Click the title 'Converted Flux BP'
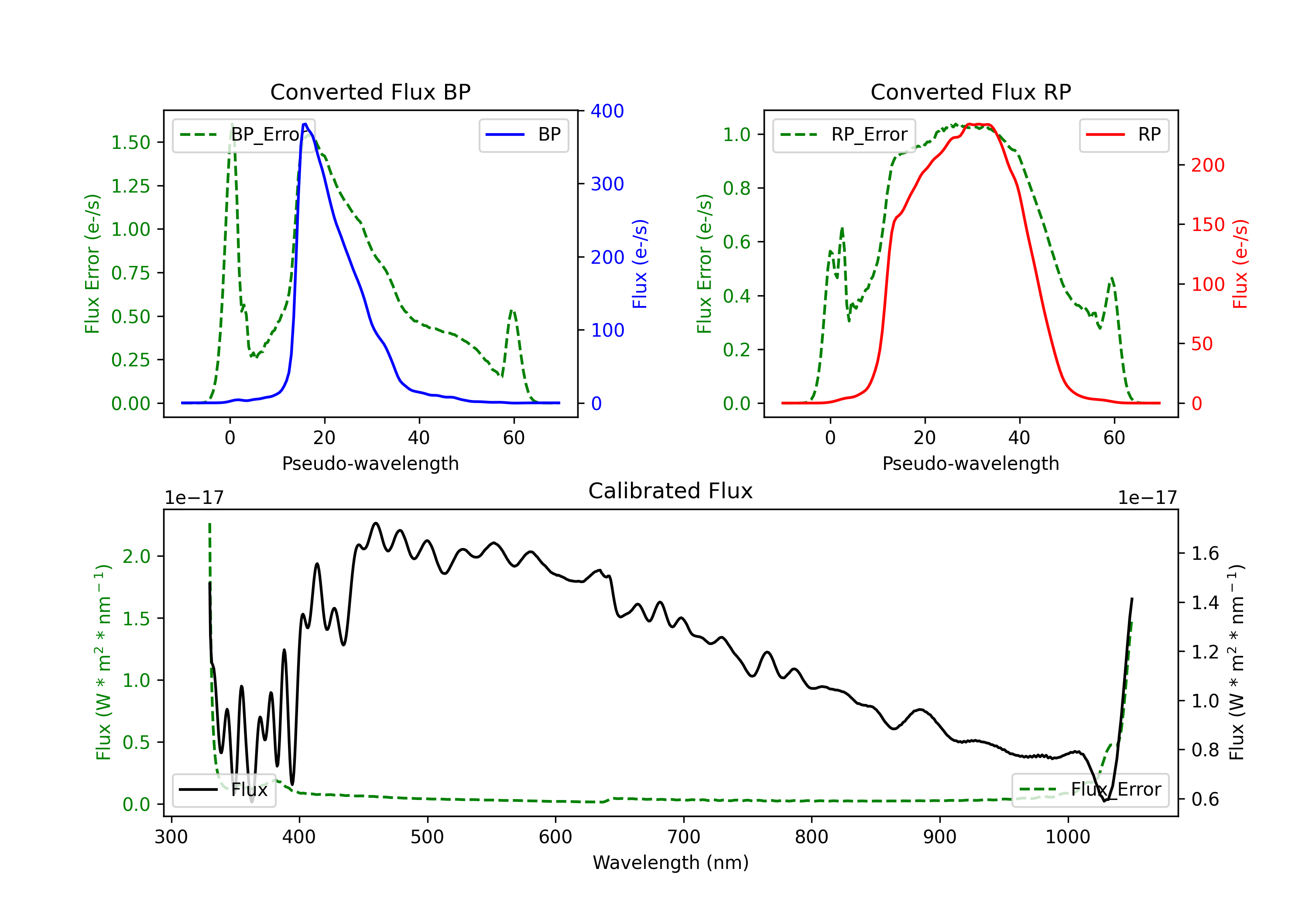(x=370, y=92)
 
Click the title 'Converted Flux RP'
(x=970, y=92)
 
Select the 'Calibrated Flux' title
(x=671, y=491)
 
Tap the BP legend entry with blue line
(x=523, y=134)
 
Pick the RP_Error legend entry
(x=844, y=134)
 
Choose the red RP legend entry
(x=1124, y=134)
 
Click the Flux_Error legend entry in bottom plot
(x=1090, y=790)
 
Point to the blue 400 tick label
(x=607, y=111)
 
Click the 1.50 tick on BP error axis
(x=130, y=142)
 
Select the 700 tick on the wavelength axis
(x=684, y=837)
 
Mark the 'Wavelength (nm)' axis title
(x=671, y=863)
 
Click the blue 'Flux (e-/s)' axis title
(x=640, y=264)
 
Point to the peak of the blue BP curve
(x=305, y=124)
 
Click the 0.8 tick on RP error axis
(x=737, y=188)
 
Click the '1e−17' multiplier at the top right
(x=1147, y=498)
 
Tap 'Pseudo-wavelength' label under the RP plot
(x=970, y=463)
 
